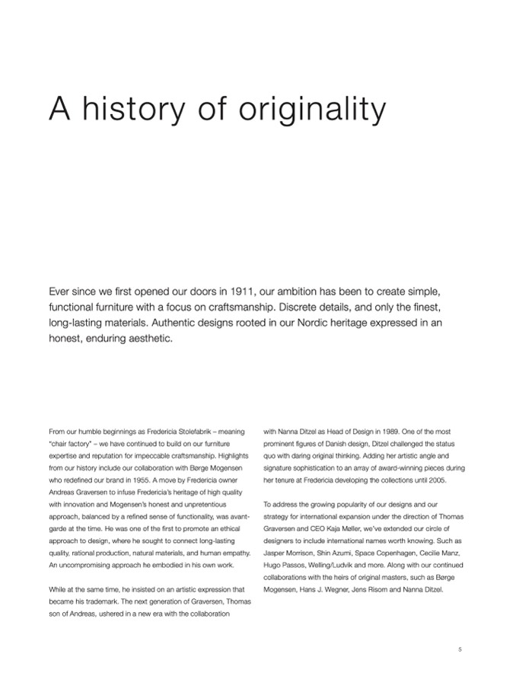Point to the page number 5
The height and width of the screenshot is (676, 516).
(460, 649)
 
